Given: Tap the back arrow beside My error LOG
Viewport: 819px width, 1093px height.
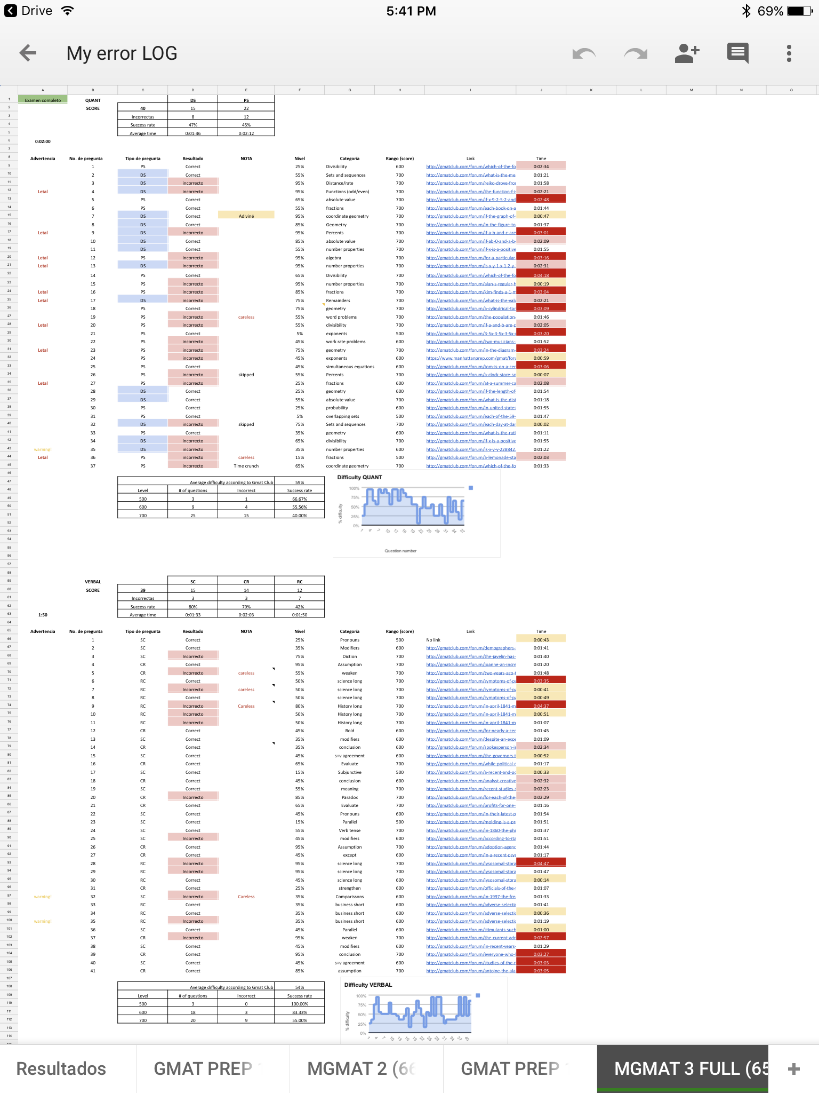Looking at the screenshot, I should (28, 53).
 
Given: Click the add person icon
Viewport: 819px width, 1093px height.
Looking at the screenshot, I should (687, 53).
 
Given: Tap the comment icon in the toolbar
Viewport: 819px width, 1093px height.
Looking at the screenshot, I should (738, 53).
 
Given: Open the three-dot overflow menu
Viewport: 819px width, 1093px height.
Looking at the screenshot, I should (789, 53).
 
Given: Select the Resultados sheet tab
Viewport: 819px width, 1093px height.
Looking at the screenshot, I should (61, 1068).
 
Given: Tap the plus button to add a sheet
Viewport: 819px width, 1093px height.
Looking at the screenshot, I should (793, 1068).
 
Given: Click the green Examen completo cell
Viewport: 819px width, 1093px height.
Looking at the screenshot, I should (43, 100).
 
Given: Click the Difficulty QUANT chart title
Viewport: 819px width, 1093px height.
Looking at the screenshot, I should (359, 477).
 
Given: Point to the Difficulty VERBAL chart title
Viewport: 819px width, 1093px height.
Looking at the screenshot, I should (368, 985).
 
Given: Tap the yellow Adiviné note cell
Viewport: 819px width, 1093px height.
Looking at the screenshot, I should (246, 216).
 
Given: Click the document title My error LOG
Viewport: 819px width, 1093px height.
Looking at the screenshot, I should (122, 53).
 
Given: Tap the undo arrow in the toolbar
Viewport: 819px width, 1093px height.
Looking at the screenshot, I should (584, 53).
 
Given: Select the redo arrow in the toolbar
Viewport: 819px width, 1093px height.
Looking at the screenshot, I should (636, 53).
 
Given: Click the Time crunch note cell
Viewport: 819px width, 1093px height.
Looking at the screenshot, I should (246, 466).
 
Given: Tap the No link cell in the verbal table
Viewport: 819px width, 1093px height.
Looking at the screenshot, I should (433, 640).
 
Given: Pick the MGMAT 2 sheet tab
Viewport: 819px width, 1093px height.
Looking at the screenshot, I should (362, 1068).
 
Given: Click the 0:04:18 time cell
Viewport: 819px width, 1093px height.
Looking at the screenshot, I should (541, 275).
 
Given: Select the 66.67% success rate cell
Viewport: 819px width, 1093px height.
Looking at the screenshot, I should (299, 499).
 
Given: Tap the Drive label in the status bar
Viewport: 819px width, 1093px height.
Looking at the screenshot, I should (36, 11).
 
